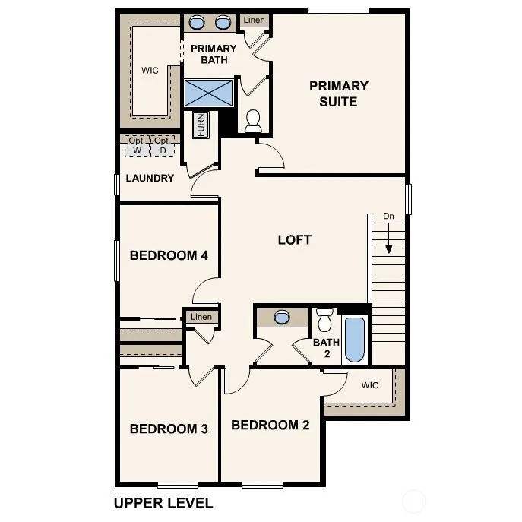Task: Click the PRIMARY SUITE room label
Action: pos(339,93)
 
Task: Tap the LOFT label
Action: pos(295,239)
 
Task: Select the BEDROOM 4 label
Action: pos(169,255)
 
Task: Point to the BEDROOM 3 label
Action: pos(169,429)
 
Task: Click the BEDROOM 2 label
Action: pos(270,425)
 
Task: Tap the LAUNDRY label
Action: pos(150,178)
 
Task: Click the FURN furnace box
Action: pos(201,125)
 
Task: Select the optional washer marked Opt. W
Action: pos(138,146)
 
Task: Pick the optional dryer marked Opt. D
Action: pos(163,146)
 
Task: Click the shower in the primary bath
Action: pos(209,93)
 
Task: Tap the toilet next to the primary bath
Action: pos(253,121)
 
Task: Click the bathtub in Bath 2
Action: pos(355,340)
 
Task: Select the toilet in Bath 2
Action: pos(324,320)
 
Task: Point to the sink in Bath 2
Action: pos(282,318)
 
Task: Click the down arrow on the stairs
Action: pos(388,238)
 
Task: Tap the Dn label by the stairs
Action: pos(388,216)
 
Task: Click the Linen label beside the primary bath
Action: pos(254,20)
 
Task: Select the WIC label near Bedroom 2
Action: pos(370,385)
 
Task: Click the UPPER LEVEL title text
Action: pos(163,503)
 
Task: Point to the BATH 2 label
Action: pos(327,348)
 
